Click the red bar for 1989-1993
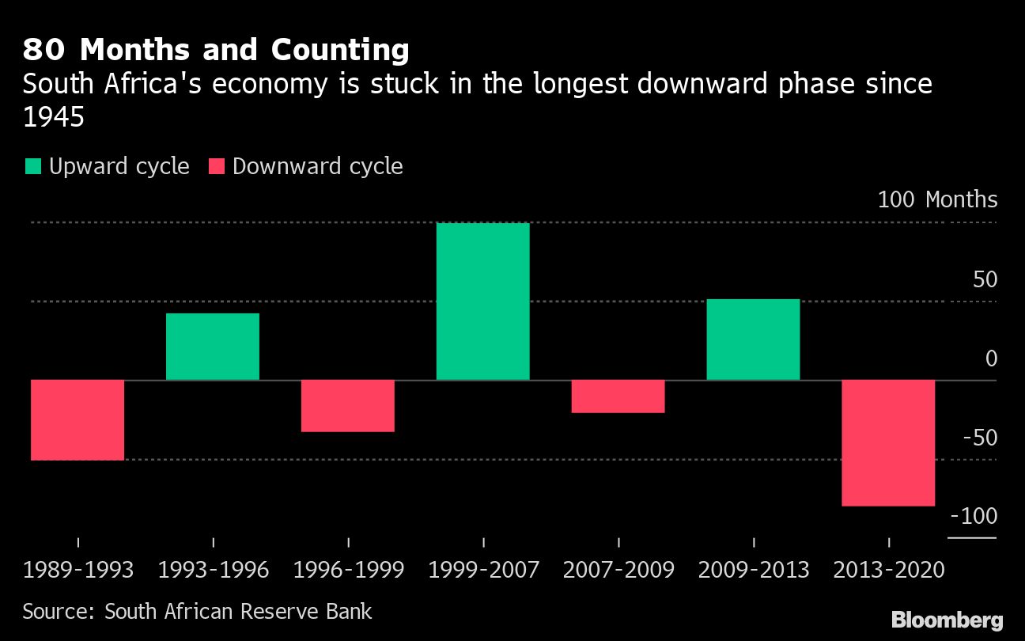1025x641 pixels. [78, 419]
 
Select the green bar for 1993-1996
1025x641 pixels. [213, 347]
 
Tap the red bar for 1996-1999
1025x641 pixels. [348, 405]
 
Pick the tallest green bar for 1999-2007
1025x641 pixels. [482, 302]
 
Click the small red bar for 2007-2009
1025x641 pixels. [618, 396]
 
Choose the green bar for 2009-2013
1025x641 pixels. [753, 339]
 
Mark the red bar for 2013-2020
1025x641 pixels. [888, 442]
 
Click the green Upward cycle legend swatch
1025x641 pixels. [33, 167]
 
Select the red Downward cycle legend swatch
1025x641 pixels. [217, 167]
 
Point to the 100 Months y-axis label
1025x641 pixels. [937, 199]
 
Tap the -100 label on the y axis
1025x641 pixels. [974, 516]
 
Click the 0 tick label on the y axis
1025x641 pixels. [991, 358]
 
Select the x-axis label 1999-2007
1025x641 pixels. [483, 570]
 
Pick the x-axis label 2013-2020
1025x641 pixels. [890, 570]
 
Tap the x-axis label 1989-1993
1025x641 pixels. [78, 570]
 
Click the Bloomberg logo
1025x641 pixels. [947, 620]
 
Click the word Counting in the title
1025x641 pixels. [340, 50]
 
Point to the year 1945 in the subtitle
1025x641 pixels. [53, 117]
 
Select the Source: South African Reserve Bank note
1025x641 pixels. [197, 611]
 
